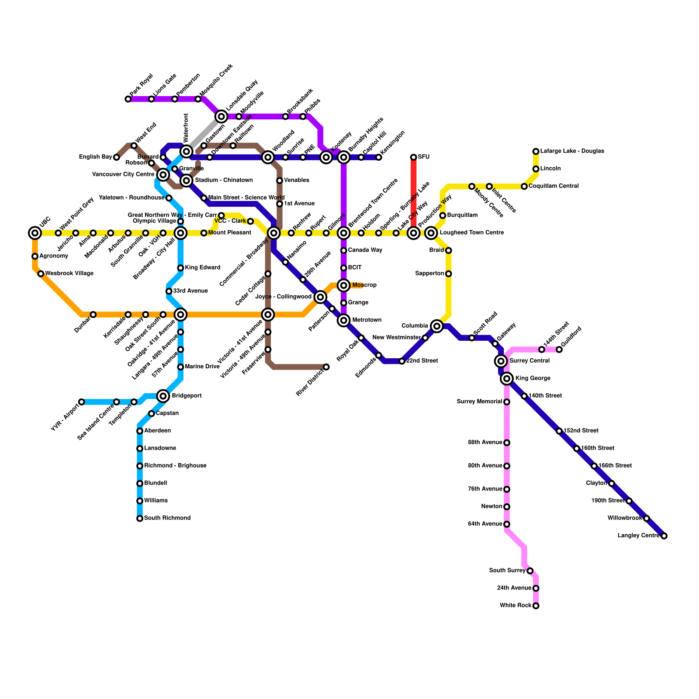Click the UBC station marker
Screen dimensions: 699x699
(x=35, y=233)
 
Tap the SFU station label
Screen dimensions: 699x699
(x=424, y=157)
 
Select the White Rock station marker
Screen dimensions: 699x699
(x=536, y=606)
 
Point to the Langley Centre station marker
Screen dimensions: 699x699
(x=664, y=536)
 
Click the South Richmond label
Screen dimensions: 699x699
(x=167, y=518)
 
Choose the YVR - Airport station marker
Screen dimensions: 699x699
(x=81, y=402)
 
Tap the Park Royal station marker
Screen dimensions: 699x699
(x=128, y=99)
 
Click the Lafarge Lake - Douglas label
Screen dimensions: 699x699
(x=572, y=151)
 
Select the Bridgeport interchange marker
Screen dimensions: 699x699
(x=163, y=396)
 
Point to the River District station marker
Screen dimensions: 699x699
(x=326, y=367)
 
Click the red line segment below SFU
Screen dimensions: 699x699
(x=413, y=192)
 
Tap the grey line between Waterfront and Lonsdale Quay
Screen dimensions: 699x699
(x=204, y=134)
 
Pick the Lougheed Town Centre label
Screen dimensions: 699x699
(x=471, y=233)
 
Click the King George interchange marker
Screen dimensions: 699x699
(x=507, y=378)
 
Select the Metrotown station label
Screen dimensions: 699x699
(x=367, y=320)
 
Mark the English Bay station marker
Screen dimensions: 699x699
(x=116, y=157)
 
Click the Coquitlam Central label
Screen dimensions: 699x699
(x=554, y=186)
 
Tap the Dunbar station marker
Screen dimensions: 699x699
(x=93, y=315)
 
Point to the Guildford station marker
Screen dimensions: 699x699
(x=559, y=349)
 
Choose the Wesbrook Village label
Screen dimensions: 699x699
(x=69, y=273)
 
